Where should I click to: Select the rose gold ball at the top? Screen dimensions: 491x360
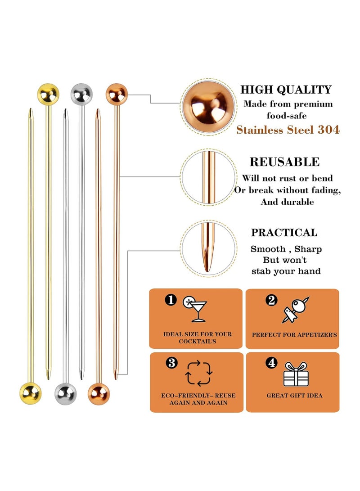(x=117, y=94)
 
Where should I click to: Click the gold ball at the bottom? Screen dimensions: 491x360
(x=31, y=392)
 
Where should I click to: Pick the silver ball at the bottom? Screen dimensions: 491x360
(x=65, y=393)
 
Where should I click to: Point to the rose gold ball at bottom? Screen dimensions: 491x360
(x=99, y=393)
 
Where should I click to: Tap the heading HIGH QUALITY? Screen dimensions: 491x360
(x=286, y=90)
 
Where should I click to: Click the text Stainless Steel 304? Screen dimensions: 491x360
(x=288, y=130)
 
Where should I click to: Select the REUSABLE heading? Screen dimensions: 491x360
(x=284, y=162)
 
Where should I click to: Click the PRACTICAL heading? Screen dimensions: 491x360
(x=284, y=233)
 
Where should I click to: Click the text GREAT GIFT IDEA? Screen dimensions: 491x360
(x=294, y=396)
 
